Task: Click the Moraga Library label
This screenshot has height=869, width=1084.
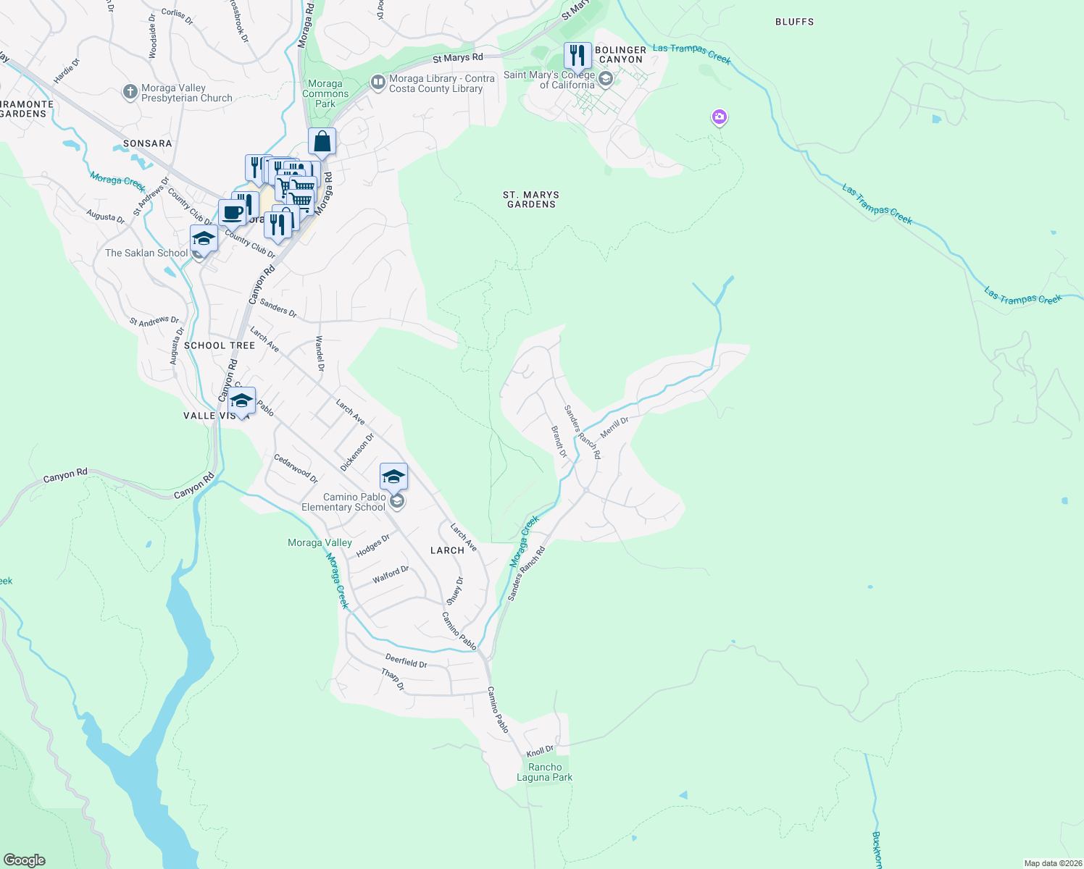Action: tap(441, 83)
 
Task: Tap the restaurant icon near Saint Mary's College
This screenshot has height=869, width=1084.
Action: tap(578, 55)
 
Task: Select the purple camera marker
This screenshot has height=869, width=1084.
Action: tap(719, 117)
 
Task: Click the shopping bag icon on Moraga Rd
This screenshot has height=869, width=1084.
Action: tap(322, 141)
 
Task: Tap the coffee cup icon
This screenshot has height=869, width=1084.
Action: tap(232, 212)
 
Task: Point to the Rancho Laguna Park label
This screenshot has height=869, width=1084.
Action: tap(544, 772)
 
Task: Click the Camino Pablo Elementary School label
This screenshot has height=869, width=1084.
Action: tap(344, 502)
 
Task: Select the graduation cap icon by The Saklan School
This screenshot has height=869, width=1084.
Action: tap(204, 238)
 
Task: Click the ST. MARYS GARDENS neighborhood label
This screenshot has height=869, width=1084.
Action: tap(531, 199)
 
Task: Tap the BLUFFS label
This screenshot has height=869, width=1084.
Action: tap(794, 22)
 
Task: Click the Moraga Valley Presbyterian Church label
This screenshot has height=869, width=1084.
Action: tap(186, 93)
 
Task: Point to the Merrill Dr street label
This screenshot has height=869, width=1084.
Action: tap(614, 427)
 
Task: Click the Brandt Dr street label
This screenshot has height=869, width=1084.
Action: tap(559, 441)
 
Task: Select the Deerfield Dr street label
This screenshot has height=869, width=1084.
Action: tap(406, 660)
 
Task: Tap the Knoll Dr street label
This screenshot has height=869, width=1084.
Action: tap(540, 751)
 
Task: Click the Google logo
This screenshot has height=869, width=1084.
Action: tap(24, 860)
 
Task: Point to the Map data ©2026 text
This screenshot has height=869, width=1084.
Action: tap(1052, 863)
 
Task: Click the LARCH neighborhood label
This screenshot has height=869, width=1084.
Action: tap(447, 550)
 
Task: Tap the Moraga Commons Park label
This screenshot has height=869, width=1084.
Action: tap(325, 93)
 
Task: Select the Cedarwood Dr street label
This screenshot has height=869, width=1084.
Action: tap(296, 469)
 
